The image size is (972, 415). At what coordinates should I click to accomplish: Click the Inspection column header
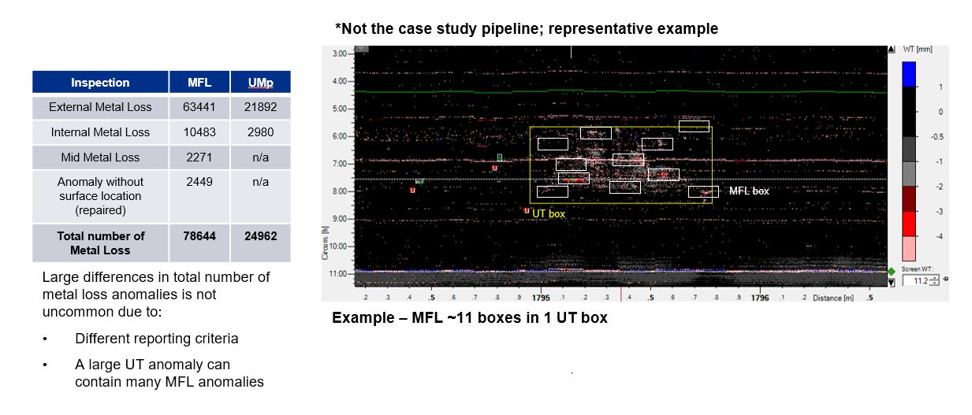click(x=100, y=83)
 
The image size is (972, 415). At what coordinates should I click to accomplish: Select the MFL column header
click(x=199, y=83)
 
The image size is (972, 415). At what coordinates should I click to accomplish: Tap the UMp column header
click(x=260, y=83)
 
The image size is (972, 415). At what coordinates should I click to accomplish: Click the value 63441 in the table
click(x=199, y=107)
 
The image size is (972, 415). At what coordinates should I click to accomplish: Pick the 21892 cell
click(x=260, y=107)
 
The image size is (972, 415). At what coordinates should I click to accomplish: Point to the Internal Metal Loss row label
click(x=99, y=132)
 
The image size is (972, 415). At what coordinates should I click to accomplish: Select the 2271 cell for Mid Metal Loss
click(x=199, y=157)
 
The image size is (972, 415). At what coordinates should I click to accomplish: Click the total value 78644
click(x=199, y=235)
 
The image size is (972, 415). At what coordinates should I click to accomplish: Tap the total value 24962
click(x=260, y=235)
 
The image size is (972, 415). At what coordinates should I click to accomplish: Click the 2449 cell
click(x=199, y=182)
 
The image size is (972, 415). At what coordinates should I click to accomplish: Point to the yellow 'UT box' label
click(x=549, y=213)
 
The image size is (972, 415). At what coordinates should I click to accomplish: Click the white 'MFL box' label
click(x=749, y=191)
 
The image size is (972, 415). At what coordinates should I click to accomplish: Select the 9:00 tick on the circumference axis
click(x=341, y=219)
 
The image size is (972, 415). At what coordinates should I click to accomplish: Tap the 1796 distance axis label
click(x=760, y=298)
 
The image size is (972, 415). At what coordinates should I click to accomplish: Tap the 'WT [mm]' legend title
click(x=919, y=49)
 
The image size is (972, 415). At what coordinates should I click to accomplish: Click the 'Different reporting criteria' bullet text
click(x=156, y=339)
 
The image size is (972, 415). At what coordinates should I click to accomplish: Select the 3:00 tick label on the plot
click(x=341, y=54)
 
